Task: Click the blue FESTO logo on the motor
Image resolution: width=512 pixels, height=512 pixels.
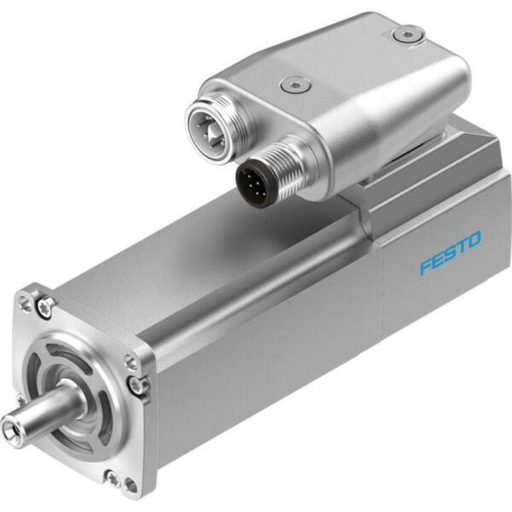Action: click(x=450, y=253)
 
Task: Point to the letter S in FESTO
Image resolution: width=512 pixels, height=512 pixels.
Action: click(x=450, y=253)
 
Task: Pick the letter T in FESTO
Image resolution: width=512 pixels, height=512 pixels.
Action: click(x=461, y=247)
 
